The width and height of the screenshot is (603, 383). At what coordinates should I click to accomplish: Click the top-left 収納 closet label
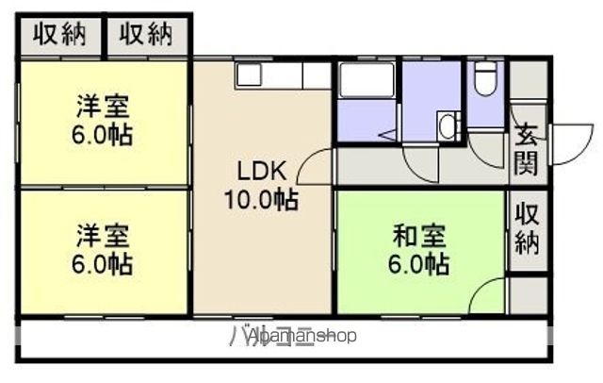click(x=59, y=35)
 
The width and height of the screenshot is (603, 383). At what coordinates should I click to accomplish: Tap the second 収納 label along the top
click(x=146, y=35)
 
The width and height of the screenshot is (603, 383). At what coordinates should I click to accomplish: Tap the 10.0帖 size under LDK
click(x=260, y=200)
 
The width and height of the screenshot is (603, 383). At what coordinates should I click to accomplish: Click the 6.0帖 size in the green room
click(x=420, y=265)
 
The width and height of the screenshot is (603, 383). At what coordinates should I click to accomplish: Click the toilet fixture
click(x=484, y=79)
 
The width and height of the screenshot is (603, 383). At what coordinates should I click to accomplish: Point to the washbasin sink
click(x=448, y=125)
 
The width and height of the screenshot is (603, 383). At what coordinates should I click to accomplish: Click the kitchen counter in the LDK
click(x=283, y=75)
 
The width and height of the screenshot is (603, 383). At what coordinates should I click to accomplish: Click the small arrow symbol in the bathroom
click(x=388, y=136)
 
